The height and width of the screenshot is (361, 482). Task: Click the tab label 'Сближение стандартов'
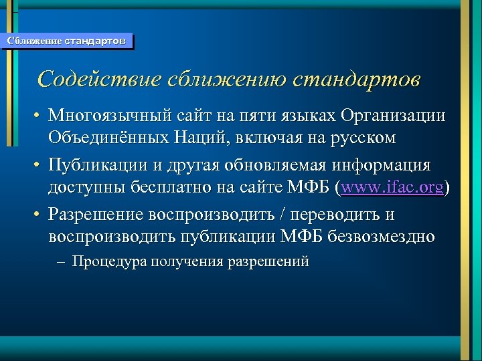click(x=66, y=41)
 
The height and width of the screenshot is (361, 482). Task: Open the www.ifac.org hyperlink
click(x=392, y=188)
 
